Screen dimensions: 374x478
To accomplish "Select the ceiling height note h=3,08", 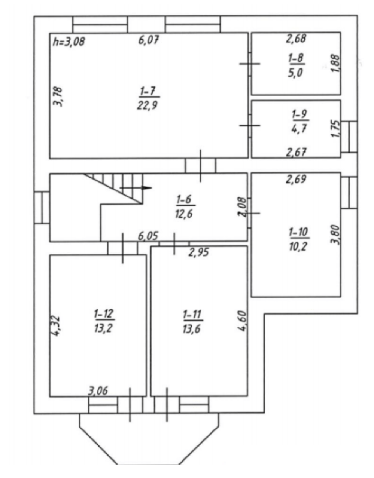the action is [x=69, y=42].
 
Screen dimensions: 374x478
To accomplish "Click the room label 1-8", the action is [x=296, y=58].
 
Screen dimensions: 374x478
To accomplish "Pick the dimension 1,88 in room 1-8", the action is [x=336, y=63].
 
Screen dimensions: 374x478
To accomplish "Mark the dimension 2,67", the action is [x=296, y=152].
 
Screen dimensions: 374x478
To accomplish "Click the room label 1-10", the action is [x=299, y=232].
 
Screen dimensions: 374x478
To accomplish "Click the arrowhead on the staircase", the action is [x=147, y=188].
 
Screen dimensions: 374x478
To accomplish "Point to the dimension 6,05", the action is [x=148, y=236].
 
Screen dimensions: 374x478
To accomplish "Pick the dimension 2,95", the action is [x=198, y=252].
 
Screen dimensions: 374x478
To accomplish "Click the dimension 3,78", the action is [x=58, y=97].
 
